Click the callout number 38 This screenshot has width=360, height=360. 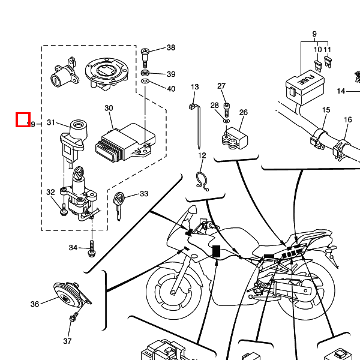pos(171,48)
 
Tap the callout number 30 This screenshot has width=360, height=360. pos(109,109)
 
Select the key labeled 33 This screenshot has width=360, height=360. pos(121,202)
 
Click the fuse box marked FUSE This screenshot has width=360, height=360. pos(303,85)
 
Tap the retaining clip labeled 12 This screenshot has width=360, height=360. pos(202,179)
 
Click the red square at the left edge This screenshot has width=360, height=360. pos(23,119)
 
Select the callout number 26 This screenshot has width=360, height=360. pos(243,112)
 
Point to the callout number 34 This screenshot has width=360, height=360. pos(73,247)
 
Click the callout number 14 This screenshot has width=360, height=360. pos(341,91)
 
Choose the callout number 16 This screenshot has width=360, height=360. pos(347,120)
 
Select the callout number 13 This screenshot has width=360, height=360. pos(194,88)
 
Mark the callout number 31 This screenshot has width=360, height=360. pos(51,123)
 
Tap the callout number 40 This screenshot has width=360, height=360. pos(171,89)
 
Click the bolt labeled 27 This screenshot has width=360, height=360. pos(227,109)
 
